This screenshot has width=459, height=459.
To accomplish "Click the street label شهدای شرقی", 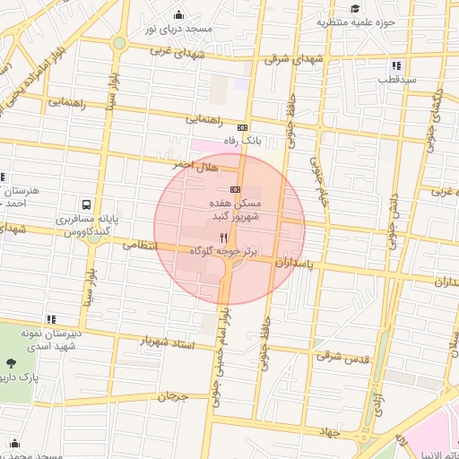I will (290, 58).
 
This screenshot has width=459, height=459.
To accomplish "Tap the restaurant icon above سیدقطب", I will (396, 65).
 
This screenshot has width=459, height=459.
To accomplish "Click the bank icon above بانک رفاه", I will (242, 127).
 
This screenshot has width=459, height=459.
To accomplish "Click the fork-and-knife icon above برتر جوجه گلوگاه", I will (223, 238).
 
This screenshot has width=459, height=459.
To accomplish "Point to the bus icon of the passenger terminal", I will (85, 204).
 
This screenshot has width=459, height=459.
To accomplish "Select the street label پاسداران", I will (295, 264).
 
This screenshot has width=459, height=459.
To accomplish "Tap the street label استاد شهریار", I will (167, 342).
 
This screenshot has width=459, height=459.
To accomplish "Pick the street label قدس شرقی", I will (342, 356).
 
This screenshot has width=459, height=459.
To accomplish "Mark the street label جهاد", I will (327, 433).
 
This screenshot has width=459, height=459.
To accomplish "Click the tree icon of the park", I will (11, 363).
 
